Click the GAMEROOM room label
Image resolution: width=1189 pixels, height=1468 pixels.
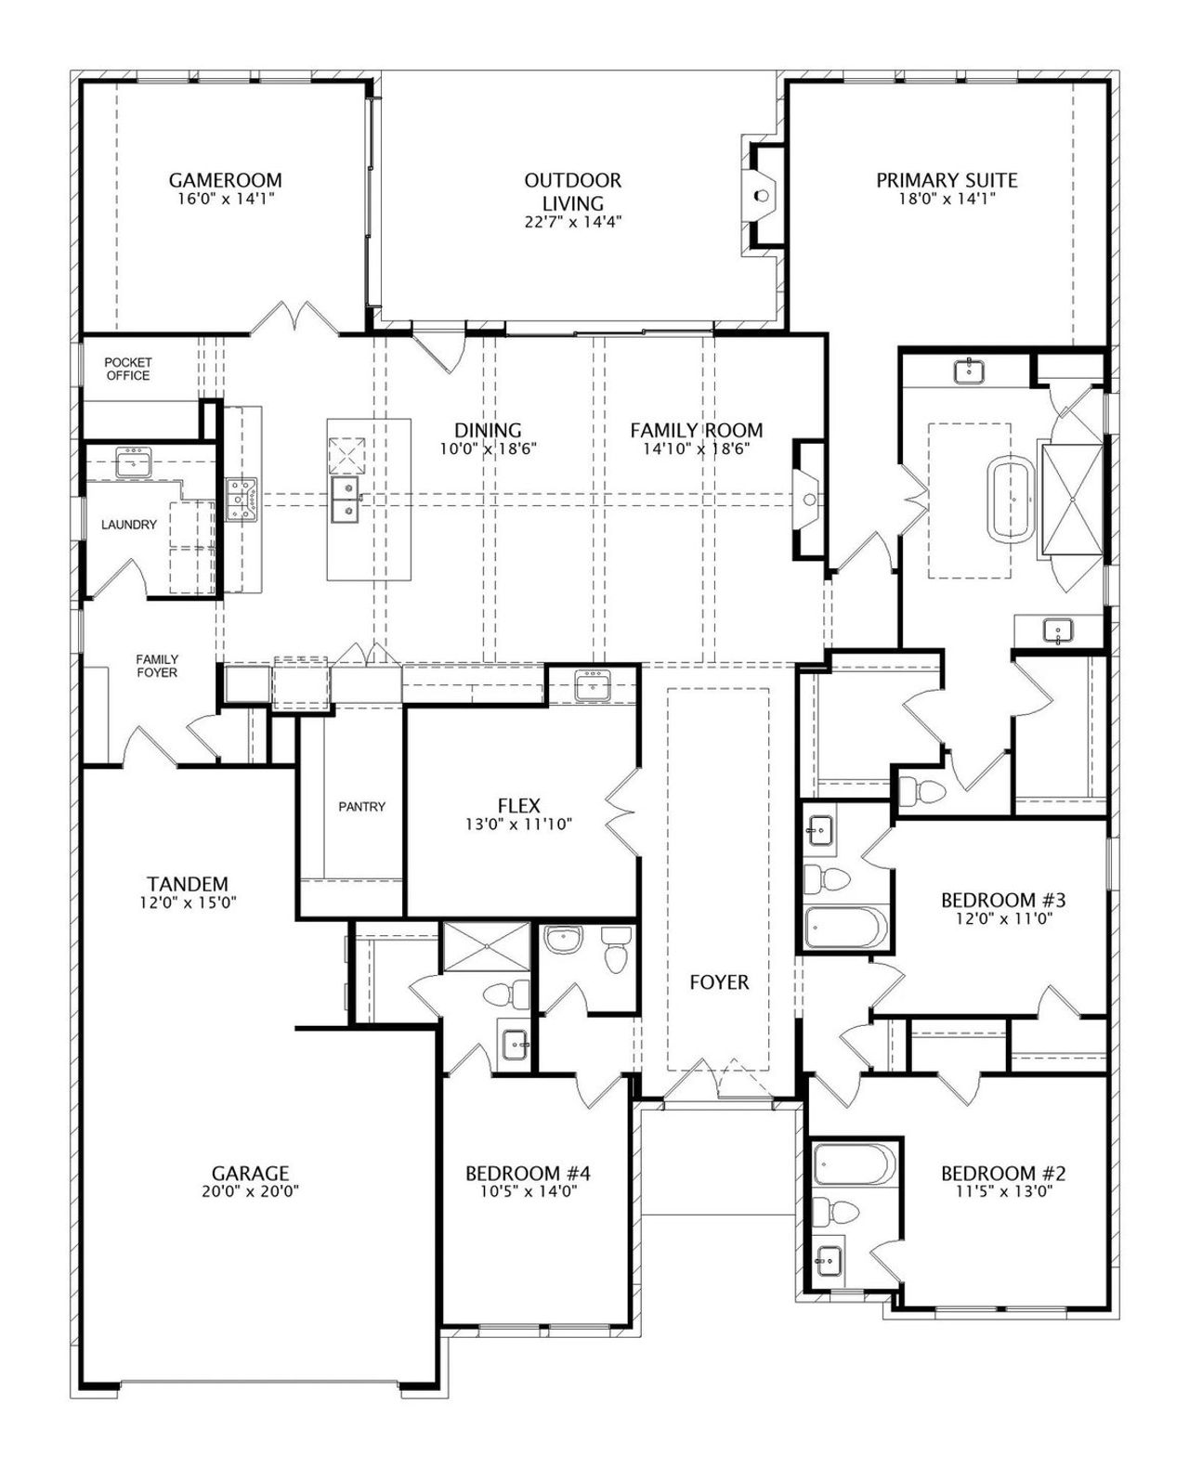[x=226, y=180]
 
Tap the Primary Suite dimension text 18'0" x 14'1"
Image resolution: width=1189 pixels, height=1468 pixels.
[x=947, y=200]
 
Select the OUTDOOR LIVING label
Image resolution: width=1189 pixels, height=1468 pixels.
[x=573, y=191]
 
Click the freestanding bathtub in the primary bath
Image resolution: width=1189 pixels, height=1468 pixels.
[x=1013, y=500]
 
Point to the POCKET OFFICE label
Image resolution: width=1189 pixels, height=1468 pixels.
[x=128, y=369]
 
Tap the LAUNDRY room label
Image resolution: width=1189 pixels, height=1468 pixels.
[x=129, y=525]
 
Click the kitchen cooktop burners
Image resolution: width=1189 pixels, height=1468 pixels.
[x=242, y=500]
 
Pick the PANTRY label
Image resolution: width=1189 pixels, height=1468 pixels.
[x=362, y=806]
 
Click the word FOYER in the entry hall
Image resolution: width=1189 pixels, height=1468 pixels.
[x=719, y=982]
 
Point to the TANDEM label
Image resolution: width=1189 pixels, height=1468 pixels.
[x=188, y=884]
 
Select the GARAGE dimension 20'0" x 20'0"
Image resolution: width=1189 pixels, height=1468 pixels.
[x=250, y=1191]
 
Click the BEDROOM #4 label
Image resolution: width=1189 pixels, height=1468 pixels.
[x=528, y=1173]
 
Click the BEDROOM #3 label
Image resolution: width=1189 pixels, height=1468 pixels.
[x=1003, y=900]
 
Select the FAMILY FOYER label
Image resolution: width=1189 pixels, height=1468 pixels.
[x=157, y=666]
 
